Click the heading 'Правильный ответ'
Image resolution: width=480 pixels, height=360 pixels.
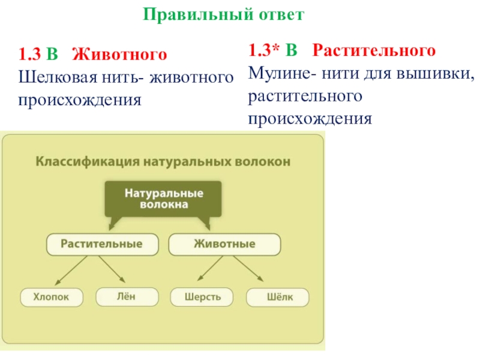click(x=224, y=14)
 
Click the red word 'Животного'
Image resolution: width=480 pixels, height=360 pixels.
click(x=119, y=55)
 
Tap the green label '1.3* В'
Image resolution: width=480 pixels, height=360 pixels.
click(x=274, y=50)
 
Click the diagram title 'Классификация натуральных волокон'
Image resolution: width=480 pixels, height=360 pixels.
click(x=164, y=161)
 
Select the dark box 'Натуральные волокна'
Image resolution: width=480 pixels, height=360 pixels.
click(x=164, y=199)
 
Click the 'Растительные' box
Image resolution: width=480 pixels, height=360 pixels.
click(x=103, y=244)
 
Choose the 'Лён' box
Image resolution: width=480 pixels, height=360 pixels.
click(x=127, y=296)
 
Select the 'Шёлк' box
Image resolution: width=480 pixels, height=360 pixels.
click(x=277, y=296)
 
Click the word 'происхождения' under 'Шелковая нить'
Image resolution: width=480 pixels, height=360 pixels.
click(x=80, y=99)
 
